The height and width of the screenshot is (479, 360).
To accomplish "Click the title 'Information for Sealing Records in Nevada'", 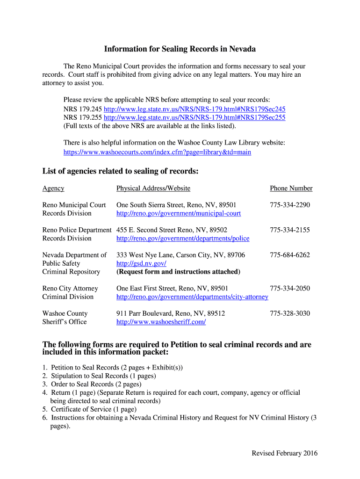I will (x=180, y=49).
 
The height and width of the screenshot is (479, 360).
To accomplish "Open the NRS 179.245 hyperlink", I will (x=194, y=109).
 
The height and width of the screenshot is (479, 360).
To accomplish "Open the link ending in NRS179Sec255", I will (x=194, y=117).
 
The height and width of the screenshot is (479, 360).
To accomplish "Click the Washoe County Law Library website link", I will (x=157, y=152).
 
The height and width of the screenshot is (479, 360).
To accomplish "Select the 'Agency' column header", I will (x=53, y=188).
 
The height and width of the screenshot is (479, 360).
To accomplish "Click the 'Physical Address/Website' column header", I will (x=153, y=188).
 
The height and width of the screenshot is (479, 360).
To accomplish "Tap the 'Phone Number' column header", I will (x=291, y=188).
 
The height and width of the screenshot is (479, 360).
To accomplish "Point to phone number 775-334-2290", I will (x=289, y=205).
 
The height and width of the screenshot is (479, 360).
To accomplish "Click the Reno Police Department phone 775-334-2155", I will (x=289, y=230).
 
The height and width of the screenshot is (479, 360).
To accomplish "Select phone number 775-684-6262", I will (x=289, y=255).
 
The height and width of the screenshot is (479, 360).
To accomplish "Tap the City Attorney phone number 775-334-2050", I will (x=289, y=288).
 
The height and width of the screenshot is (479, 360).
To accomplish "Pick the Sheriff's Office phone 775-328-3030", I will (x=289, y=313).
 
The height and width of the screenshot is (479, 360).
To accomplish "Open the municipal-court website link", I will (x=179, y=213).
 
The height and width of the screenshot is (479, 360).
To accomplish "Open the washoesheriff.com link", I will (x=161, y=322).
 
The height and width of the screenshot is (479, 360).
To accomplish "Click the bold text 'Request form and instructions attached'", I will (x=178, y=272).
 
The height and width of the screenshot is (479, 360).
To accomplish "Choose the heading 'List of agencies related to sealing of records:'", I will (x=121, y=171).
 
